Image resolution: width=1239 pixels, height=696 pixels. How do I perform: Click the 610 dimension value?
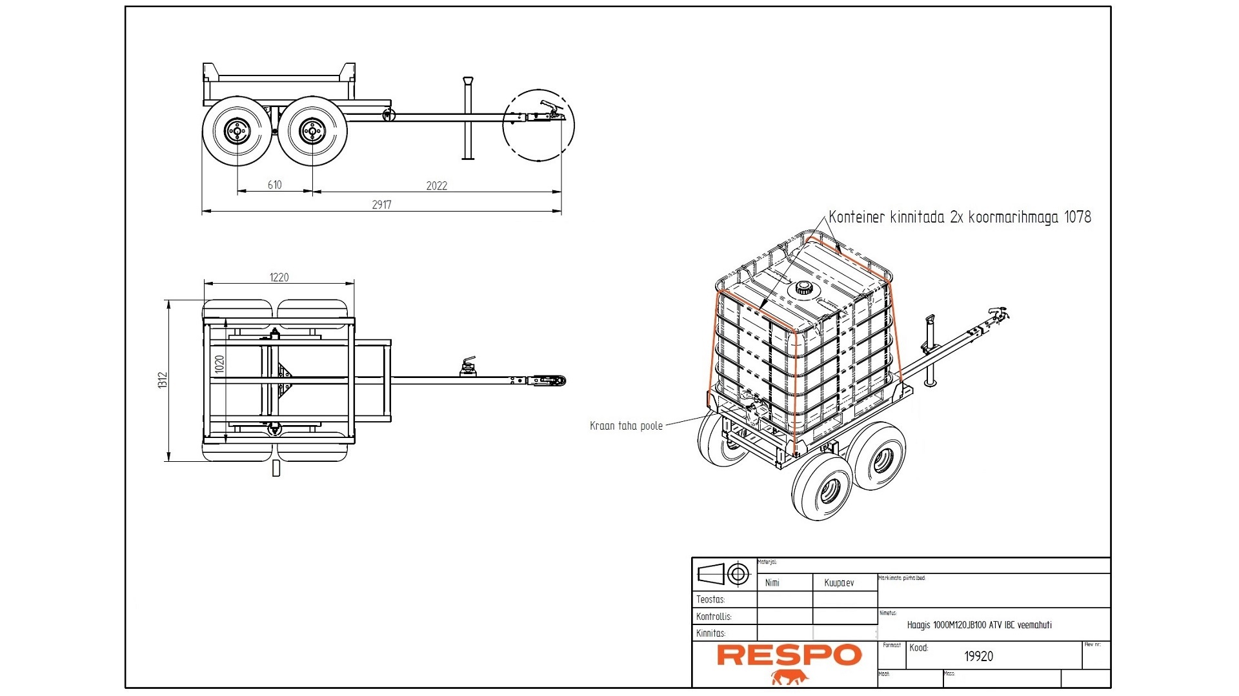tap(275, 185)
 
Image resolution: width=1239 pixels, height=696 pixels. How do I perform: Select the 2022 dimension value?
tap(436, 186)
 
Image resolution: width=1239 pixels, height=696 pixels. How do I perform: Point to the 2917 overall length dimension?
tap(381, 204)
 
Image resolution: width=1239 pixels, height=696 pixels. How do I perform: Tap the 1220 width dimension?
tap(279, 277)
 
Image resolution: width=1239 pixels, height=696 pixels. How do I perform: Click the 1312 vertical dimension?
tap(163, 380)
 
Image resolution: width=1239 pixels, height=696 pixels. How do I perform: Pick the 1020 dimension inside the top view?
tap(220, 364)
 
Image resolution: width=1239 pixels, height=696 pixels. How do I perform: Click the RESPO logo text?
tap(789, 655)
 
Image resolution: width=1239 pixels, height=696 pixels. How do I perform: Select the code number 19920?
tap(978, 656)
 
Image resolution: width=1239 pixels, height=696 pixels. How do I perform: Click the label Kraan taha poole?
tap(626, 426)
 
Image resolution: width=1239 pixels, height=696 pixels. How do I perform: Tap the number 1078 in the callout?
tap(1077, 217)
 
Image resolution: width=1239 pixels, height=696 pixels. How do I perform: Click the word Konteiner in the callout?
tap(856, 217)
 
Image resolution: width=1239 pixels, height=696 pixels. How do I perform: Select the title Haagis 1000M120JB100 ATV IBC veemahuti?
tap(979, 625)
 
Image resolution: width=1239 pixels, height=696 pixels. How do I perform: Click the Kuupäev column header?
tap(839, 582)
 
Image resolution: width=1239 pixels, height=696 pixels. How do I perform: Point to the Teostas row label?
tap(710, 599)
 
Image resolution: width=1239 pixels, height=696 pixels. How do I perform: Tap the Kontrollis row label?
tap(714, 616)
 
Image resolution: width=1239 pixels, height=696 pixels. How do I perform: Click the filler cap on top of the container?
tap(803, 288)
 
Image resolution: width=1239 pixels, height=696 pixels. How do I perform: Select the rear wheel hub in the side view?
tap(236, 131)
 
